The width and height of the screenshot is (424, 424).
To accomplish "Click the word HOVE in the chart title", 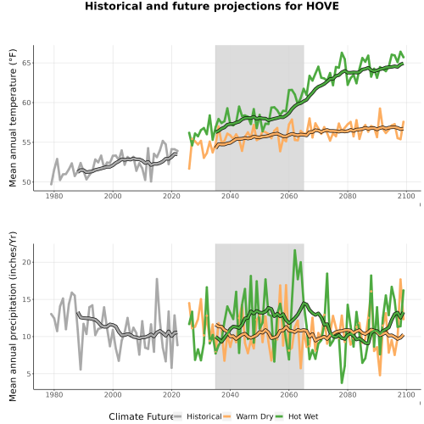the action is point(322,6).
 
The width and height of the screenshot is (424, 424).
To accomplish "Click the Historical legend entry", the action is point(198,416).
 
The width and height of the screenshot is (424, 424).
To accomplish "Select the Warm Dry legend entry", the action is point(248,416).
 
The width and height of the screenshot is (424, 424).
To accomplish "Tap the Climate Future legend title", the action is point(141,416).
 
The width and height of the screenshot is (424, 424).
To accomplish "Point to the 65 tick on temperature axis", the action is point(26,63).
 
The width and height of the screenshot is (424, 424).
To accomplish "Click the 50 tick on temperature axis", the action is point(26,182).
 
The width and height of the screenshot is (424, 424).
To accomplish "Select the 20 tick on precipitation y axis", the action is point(26,262).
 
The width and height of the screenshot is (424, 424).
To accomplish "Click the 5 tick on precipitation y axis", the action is point(29,374).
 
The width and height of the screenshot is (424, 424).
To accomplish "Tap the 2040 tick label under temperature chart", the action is point(230,196).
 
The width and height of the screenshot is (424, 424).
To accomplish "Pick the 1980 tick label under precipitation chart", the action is point(54,394).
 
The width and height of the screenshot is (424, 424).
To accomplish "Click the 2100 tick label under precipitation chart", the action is point(406,394).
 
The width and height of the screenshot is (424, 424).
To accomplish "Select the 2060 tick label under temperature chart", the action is point(288,196).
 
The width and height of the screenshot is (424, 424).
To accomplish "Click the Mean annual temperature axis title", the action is point(13,118).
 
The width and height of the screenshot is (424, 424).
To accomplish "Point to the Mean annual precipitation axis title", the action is point(13,316).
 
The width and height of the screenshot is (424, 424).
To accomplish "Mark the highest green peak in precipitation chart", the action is point(295,250).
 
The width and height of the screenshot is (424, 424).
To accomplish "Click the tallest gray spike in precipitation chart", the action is point(157,279).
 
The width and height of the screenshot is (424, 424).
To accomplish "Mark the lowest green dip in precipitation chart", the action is point(342,382).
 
